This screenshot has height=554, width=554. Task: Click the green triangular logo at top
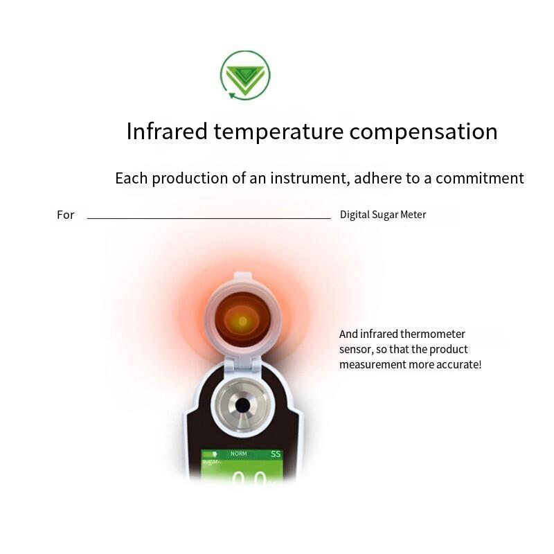point(245,75)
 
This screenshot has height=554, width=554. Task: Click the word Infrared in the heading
point(167,131)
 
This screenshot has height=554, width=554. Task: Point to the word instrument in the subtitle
point(305,178)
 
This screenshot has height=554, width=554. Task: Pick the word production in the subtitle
point(190,178)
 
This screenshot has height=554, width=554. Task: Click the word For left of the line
point(65,215)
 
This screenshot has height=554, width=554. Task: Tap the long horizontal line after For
point(208,218)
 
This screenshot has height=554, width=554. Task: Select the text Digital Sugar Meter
point(383,215)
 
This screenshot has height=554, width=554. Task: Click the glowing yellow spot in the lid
point(242,321)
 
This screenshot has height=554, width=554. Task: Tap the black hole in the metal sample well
point(242,405)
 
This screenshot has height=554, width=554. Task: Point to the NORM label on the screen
point(238,454)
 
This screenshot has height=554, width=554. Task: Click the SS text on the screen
point(276,454)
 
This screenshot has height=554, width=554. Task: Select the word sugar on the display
point(210,461)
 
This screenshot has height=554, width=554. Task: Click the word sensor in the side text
point(355,349)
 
